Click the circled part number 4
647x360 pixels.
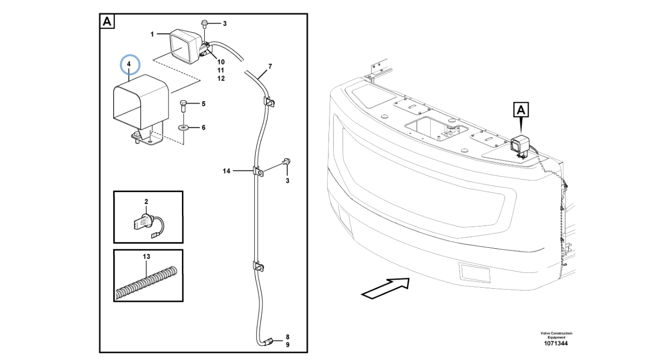(x=129, y=64)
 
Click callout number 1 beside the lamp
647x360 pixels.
(x=152, y=34)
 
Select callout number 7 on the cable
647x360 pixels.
(x=270, y=66)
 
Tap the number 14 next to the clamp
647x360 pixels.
(x=226, y=171)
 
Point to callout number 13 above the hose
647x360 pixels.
(x=147, y=257)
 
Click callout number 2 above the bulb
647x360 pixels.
(x=146, y=202)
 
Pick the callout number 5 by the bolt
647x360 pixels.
(x=204, y=104)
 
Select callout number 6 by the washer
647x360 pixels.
(x=204, y=127)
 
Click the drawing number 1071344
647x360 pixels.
(x=556, y=344)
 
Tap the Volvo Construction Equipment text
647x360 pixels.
(x=556, y=335)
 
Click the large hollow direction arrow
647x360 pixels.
(x=386, y=288)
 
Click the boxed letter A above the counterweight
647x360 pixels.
(x=522, y=109)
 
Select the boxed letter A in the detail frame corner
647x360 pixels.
(x=108, y=22)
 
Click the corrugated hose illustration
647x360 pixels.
(x=146, y=284)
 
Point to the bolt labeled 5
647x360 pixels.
(x=184, y=107)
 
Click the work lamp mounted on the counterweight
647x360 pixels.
(x=519, y=145)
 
